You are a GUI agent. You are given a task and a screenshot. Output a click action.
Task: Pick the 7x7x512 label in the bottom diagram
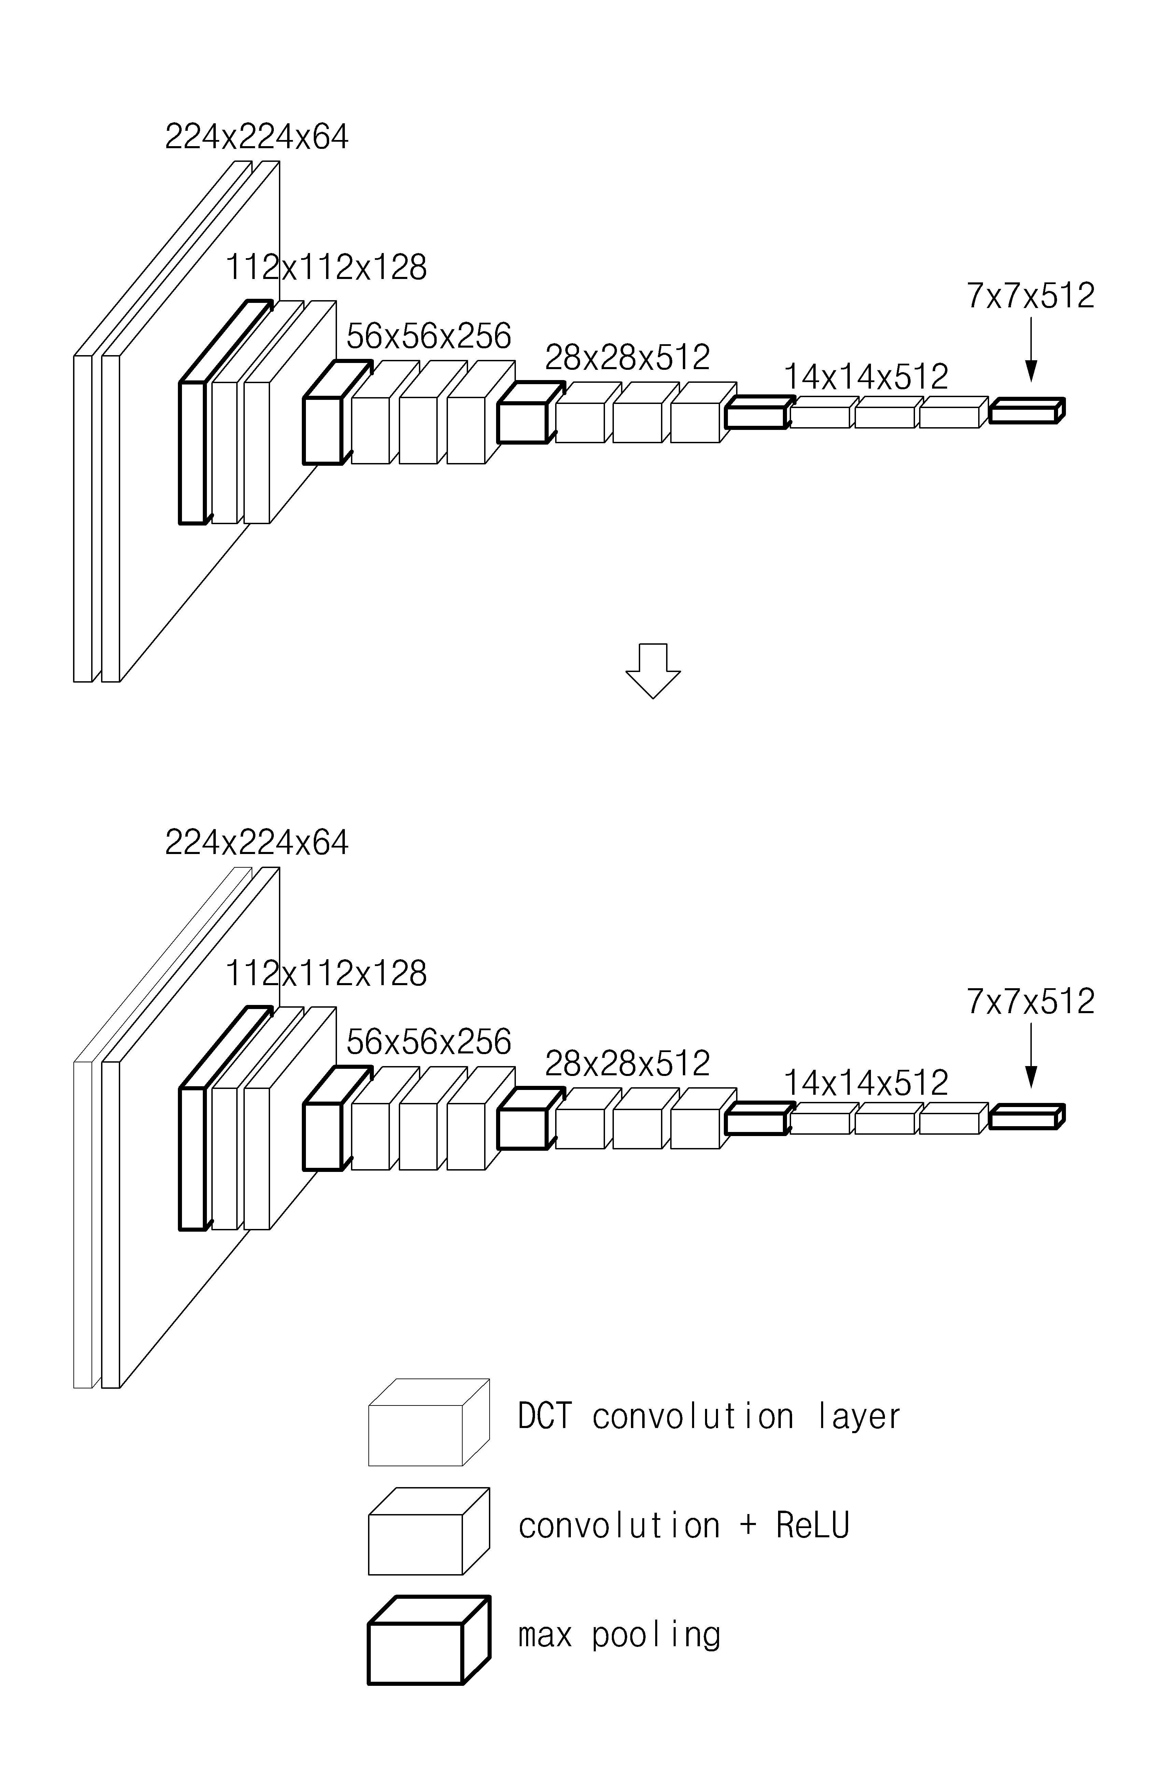pos(1031,1001)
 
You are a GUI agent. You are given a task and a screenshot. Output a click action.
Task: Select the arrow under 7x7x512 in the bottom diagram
pos(1031,1055)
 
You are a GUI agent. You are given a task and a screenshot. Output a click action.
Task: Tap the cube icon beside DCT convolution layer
pos(429,1422)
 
